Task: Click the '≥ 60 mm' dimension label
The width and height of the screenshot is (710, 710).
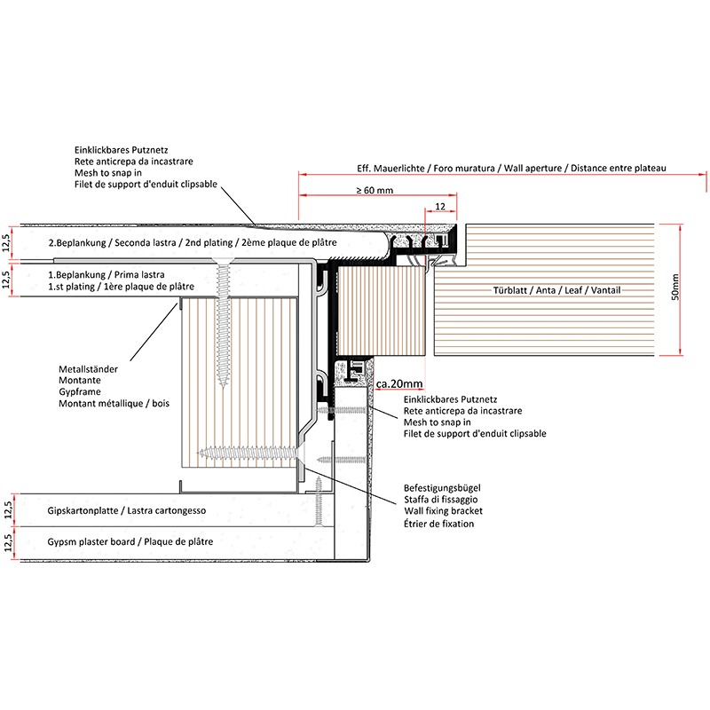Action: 375,189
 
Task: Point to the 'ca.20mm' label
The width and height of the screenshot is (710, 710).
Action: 399,383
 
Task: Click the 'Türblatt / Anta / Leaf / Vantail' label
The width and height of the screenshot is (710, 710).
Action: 556,291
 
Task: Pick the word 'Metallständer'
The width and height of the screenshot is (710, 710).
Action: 88,368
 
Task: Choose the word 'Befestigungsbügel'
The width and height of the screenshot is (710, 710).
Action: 442,489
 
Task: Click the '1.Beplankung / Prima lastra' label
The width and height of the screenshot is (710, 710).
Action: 106,274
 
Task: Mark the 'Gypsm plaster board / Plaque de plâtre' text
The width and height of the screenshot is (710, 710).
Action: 130,541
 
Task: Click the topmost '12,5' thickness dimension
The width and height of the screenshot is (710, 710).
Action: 8,242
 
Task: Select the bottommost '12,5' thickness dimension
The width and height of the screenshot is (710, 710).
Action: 8,542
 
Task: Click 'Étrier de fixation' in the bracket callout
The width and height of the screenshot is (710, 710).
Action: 438,524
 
